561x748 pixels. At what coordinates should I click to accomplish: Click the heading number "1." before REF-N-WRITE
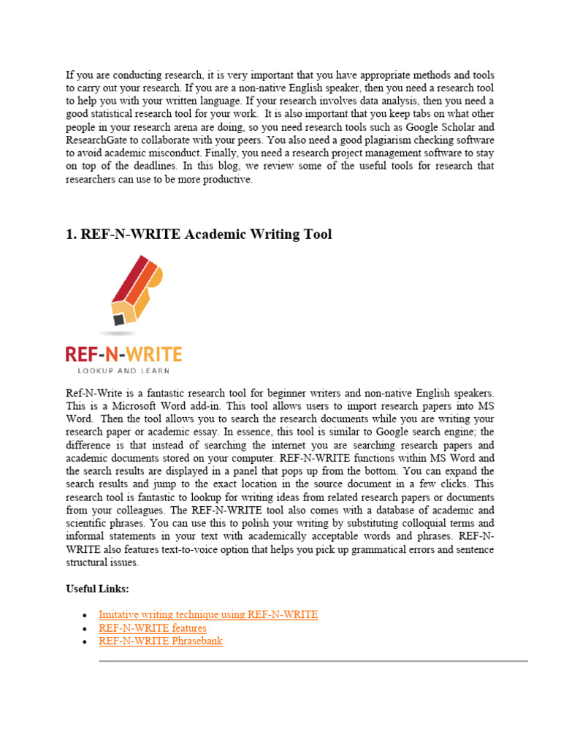[x=72, y=234]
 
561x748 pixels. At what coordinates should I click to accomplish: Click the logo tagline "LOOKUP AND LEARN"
[x=123, y=370]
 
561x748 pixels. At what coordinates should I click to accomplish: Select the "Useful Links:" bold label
[x=97, y=588]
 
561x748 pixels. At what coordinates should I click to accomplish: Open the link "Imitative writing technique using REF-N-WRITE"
[x=208, y=614]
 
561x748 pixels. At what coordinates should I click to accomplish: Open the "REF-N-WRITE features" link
[x=153, y=627]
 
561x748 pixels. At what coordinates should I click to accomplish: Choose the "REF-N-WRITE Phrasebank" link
[x=161, y=641]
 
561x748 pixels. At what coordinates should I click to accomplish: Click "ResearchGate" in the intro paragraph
[x=97, y=140]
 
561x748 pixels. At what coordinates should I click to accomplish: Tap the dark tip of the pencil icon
[x=118, y=319]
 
